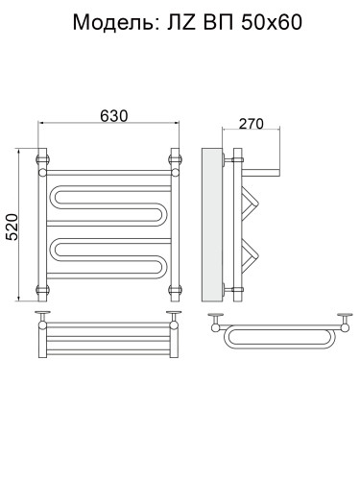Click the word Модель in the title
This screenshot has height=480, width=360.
point(115,23)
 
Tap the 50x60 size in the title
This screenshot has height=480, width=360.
point(272,23)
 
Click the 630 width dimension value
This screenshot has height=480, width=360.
point(113,116)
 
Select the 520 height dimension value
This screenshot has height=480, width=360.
point(12,227)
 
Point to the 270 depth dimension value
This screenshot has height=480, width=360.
point(252,124)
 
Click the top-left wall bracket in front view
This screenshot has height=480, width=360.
point(42,159)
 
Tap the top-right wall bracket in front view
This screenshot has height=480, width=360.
point(175,159)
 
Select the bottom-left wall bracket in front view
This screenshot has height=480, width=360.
point(42,290)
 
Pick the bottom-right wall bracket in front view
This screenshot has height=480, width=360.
point(175,290)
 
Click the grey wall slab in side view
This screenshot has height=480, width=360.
point(212,225)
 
